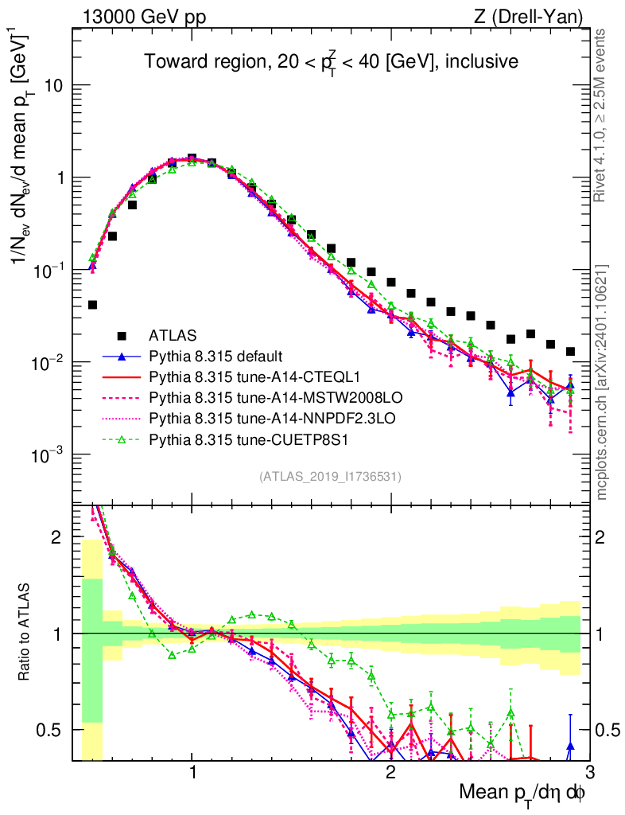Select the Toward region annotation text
tap(331, 62)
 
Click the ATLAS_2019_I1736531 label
tap(330, 477)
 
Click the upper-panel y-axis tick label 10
tap(54, 86)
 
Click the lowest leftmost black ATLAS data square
tap(93, 305)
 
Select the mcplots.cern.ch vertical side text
tap(602, 381)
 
